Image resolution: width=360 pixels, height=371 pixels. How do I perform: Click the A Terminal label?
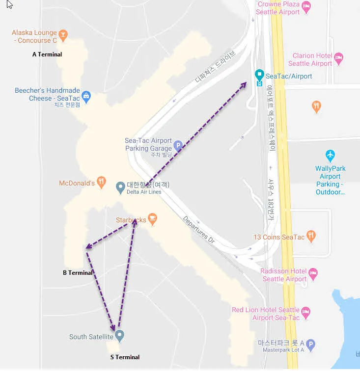[47, 54]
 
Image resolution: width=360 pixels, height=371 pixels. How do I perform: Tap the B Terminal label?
[78, 273]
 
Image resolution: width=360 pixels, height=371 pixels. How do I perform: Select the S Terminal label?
[125, 357]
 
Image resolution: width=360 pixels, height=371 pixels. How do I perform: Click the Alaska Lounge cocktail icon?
[63, 35]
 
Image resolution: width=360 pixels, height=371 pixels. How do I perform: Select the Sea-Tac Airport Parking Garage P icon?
[178, 146]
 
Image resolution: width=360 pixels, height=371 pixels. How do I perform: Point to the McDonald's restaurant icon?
[101, 183]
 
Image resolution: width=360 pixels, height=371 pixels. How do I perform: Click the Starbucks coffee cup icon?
[152, 219]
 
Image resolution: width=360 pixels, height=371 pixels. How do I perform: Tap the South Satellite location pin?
[119, 336]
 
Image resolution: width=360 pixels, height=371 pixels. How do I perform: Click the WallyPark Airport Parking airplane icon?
[330, 156]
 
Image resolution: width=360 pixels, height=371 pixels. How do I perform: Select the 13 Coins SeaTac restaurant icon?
[310, 237]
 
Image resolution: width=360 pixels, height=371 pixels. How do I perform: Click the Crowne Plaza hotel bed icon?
[306, 6]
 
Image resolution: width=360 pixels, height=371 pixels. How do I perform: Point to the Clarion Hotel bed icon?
[338, 58]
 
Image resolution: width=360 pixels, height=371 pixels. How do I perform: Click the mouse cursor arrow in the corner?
[9, 4]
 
